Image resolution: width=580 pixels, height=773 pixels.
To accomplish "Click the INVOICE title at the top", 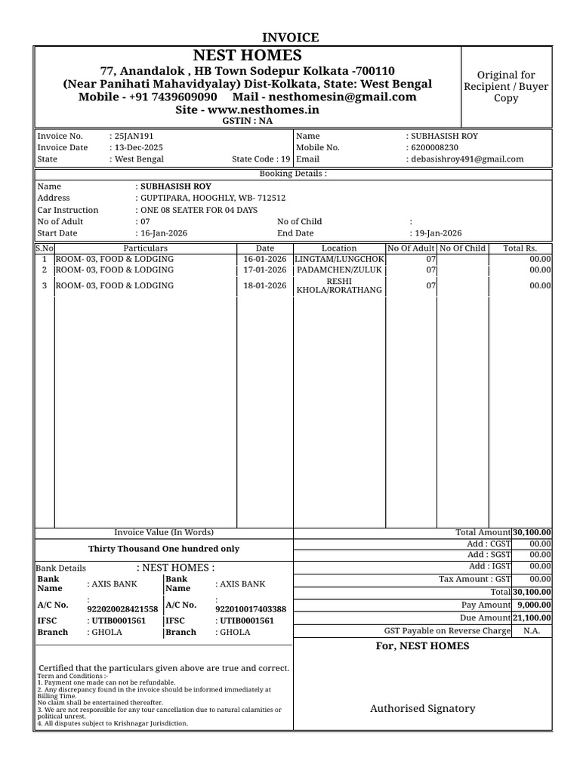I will [290, 37].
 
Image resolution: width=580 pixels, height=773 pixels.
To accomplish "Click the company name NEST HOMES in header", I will [247, 55].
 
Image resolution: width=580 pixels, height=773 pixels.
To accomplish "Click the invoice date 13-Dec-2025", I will [138, 148].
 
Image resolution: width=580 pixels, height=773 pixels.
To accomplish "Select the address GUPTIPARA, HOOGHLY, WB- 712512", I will [210, 198].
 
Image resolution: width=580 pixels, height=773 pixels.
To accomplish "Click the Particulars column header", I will [145, 248].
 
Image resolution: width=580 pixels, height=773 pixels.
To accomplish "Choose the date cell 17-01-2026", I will [265, 269].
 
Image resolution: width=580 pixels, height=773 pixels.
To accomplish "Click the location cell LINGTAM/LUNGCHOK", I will [339, 259].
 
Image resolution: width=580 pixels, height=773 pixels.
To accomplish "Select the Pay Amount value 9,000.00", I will [533, 605].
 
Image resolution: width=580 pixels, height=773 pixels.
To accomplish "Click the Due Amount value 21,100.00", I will [532, 617].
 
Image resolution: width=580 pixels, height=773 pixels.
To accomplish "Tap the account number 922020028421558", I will [123, 608].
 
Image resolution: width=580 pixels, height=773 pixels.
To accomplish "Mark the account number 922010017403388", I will [251, 608].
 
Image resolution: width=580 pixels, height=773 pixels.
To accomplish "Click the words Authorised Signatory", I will [422, 708].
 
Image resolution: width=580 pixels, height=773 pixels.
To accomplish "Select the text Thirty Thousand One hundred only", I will [164, 549].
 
